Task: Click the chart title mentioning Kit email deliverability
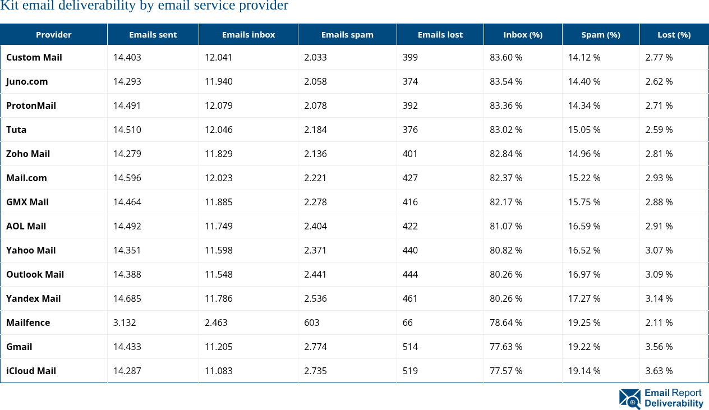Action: tap(144, 6)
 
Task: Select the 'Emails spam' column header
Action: tap(347, 35)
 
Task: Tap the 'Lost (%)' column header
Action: tap(674, 35)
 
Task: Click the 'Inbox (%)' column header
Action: tap(523, 35)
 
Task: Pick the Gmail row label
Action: tap(19, 347)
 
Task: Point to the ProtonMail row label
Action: tap(31, 105)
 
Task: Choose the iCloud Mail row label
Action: tap(31, 371)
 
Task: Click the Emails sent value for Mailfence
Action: tap(125, 323)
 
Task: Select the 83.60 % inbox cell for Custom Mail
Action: tap(506, 57)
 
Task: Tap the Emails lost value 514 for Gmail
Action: tap(410, 347)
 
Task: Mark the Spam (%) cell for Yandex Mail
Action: tap(584, 298)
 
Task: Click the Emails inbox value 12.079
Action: tap(218, 105)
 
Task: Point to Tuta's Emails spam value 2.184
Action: tap(315, 130)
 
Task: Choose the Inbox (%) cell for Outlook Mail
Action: tap(506, 274)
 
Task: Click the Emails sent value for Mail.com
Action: tap(127, 178)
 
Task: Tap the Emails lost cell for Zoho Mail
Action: tap(410, 154)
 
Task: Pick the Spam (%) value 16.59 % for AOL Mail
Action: tap(584, 226)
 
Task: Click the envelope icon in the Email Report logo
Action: tap(629, 399)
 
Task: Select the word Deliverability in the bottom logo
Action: tap(674, 403)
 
